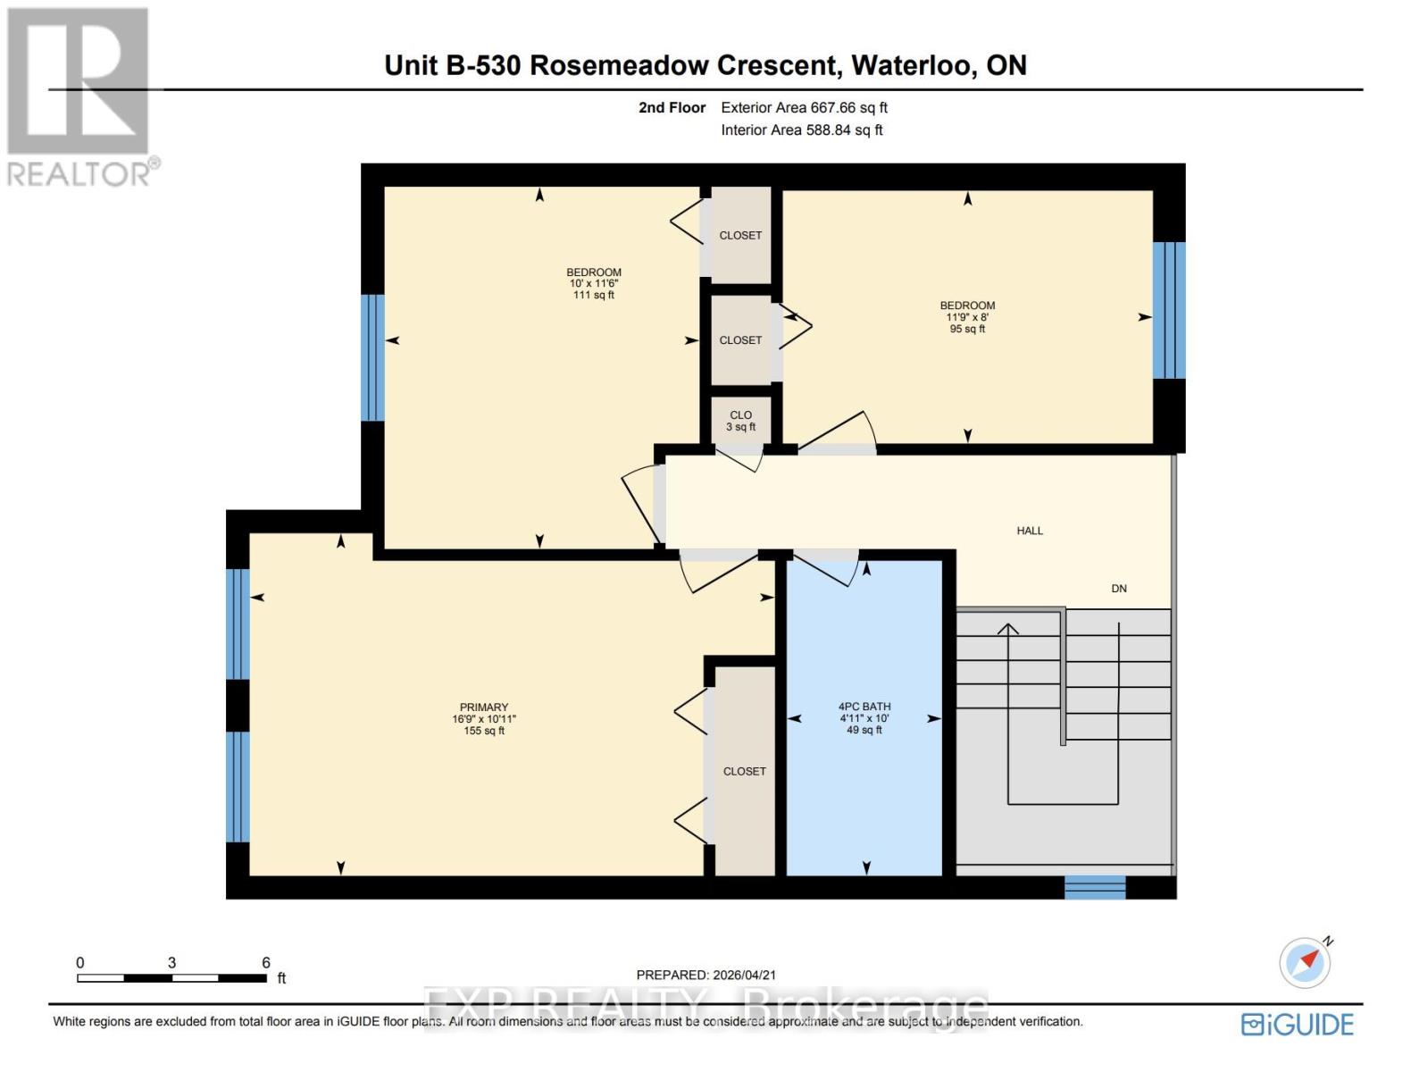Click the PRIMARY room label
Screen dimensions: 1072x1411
pyautogui.click(x=483, y=708)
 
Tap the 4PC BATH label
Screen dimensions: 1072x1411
pyautogui.click(x=864, y=707)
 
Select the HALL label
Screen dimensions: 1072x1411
pyautogui.click(x=1030, y=531)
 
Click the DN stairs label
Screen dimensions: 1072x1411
pyautogui.click(x=1119, y=589)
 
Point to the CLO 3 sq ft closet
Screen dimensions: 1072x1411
pyautogui.click(x=740, y=421)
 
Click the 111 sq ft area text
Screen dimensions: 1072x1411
pyautogui.click(x=594, y=296)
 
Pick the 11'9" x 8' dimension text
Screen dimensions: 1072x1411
pyautogui.click(x=967, y=317)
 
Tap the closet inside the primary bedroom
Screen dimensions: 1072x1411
pyautogui.click(x=745, y=771)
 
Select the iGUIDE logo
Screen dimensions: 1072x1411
pyautogui.click(x=1298, y=1025)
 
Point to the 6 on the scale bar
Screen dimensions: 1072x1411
pyautogui.click(x=266, y=963)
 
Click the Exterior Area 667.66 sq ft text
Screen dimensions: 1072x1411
pyautogui.click(x=804, y=108)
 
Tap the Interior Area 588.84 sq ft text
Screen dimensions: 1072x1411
pyautogui.click(x=802, y=130)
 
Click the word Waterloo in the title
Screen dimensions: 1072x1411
pyautogui.click(x=913, y=65)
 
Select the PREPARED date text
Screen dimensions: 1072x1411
pyautogui.click(x=699, y=976)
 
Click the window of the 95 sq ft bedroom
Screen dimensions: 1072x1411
pyautogui.click(x=1168, y=310)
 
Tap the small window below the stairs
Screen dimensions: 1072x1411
pyautogui.click(x=1095, y=887)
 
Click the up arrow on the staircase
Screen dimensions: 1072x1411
pyautogui.click(x=1008, y=632)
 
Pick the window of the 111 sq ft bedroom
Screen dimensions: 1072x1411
pyautogui.click(x=372, y=357)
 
